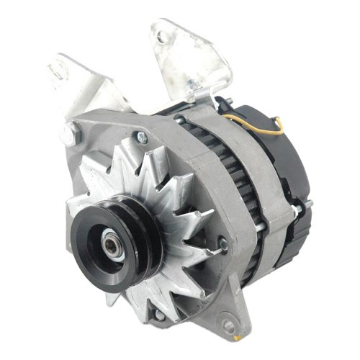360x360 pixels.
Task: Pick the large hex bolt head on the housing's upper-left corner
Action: click(70, 132)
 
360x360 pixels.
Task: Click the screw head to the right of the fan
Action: click(222, 246)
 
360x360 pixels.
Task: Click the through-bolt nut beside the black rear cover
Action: click(296, 210)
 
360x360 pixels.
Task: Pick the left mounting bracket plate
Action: click(79, 86)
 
